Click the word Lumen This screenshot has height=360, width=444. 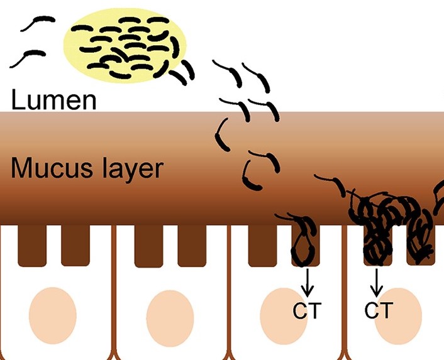(54, 100)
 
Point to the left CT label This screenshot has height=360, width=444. (308, 311)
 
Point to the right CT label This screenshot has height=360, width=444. (377, 310)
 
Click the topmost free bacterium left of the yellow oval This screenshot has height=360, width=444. (35, 23)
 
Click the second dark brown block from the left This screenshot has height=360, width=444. (75, 243)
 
